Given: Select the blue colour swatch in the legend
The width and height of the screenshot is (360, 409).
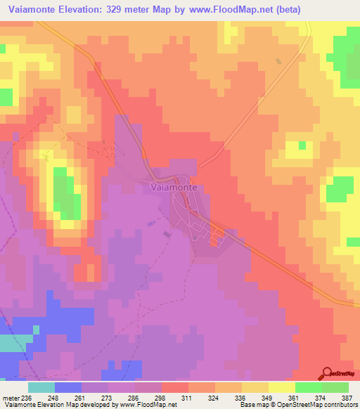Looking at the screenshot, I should pyautogui.click(x=67, y=387).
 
